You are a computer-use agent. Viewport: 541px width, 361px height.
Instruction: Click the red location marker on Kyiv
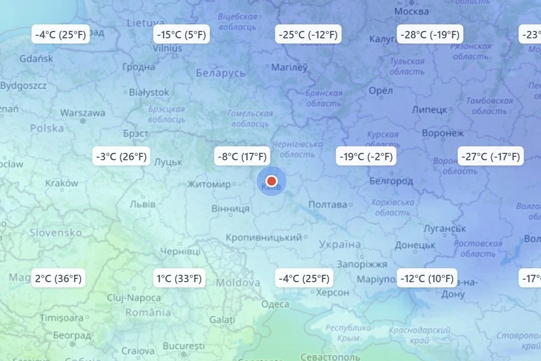(x=271, y=181)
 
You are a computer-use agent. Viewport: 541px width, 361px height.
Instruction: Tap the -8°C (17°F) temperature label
(x=242, y=157)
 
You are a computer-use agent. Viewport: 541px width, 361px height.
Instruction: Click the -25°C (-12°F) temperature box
(x=308, y=35)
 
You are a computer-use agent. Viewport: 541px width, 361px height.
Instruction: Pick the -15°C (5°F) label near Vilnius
(x=181, y=35)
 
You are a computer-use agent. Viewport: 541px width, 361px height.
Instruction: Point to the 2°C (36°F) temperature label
(x=59, y=278)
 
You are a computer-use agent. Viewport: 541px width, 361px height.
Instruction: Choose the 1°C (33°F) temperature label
(x=179, y=278)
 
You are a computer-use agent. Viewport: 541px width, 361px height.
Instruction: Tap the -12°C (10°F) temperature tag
(x=427, y=278)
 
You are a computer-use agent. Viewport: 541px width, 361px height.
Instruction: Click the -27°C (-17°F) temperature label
(x=491, y=157)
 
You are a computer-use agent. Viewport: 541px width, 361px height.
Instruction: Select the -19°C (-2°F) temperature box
(x=367, y=157)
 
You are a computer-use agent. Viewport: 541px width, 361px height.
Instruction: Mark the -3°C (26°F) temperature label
(x=121, y=157)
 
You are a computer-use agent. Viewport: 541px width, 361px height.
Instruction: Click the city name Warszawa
(x=83, y=113)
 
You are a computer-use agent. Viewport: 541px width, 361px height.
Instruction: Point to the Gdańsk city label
(x=37, y=59)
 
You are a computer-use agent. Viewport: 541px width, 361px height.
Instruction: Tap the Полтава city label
(x=328, y=204)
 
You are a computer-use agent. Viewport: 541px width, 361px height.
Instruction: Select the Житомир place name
(x=209, y=184)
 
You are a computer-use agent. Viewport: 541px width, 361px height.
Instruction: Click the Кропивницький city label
(x=264, y=237)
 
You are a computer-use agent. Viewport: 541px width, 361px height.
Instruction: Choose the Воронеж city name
(x=443, y=133)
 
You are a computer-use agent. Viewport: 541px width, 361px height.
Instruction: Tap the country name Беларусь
(x=221, y=73)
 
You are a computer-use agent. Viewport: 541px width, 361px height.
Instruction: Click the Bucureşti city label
(x=183, y=346)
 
